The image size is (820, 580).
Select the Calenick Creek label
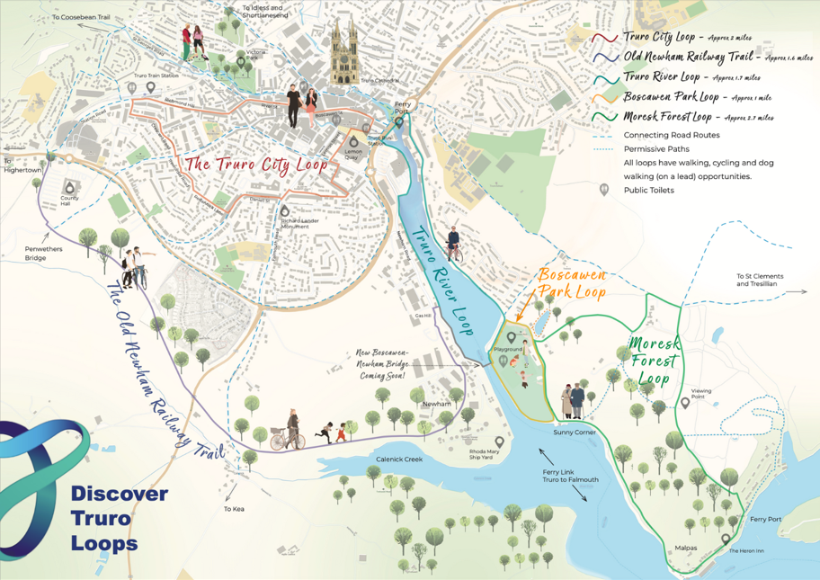click(x=399, y=460)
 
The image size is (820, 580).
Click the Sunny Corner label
click(x=575, y=433)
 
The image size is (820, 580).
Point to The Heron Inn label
click(x=746, y=550)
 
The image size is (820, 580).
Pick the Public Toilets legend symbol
click(x=605, y=190)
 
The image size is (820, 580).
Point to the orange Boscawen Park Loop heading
click(x=573, y=281)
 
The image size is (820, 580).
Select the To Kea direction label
click(x=234, y=510)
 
